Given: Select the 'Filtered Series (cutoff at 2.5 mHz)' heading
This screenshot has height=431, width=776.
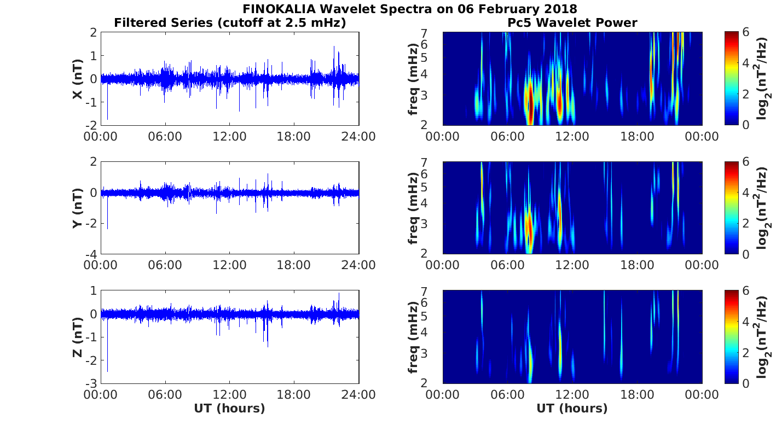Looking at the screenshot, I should tap(230, 22).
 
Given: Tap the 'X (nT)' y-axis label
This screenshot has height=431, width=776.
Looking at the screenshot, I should tap(78, 79).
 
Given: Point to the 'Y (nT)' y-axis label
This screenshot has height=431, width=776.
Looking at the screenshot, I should tap(78, 208).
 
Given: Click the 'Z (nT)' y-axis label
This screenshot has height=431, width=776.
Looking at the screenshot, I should tap(78, 337).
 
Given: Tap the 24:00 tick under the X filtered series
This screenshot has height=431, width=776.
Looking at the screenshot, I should tap(358, 136).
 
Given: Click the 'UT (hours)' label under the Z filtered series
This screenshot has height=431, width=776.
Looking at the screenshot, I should tap(229, 408).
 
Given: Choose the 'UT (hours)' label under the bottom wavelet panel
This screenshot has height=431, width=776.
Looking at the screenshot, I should tap(572, 408).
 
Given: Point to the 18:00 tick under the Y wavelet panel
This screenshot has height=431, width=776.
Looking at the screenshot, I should tap(637, 265).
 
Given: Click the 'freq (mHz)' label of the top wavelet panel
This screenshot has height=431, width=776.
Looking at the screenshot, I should tap(414, 79).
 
